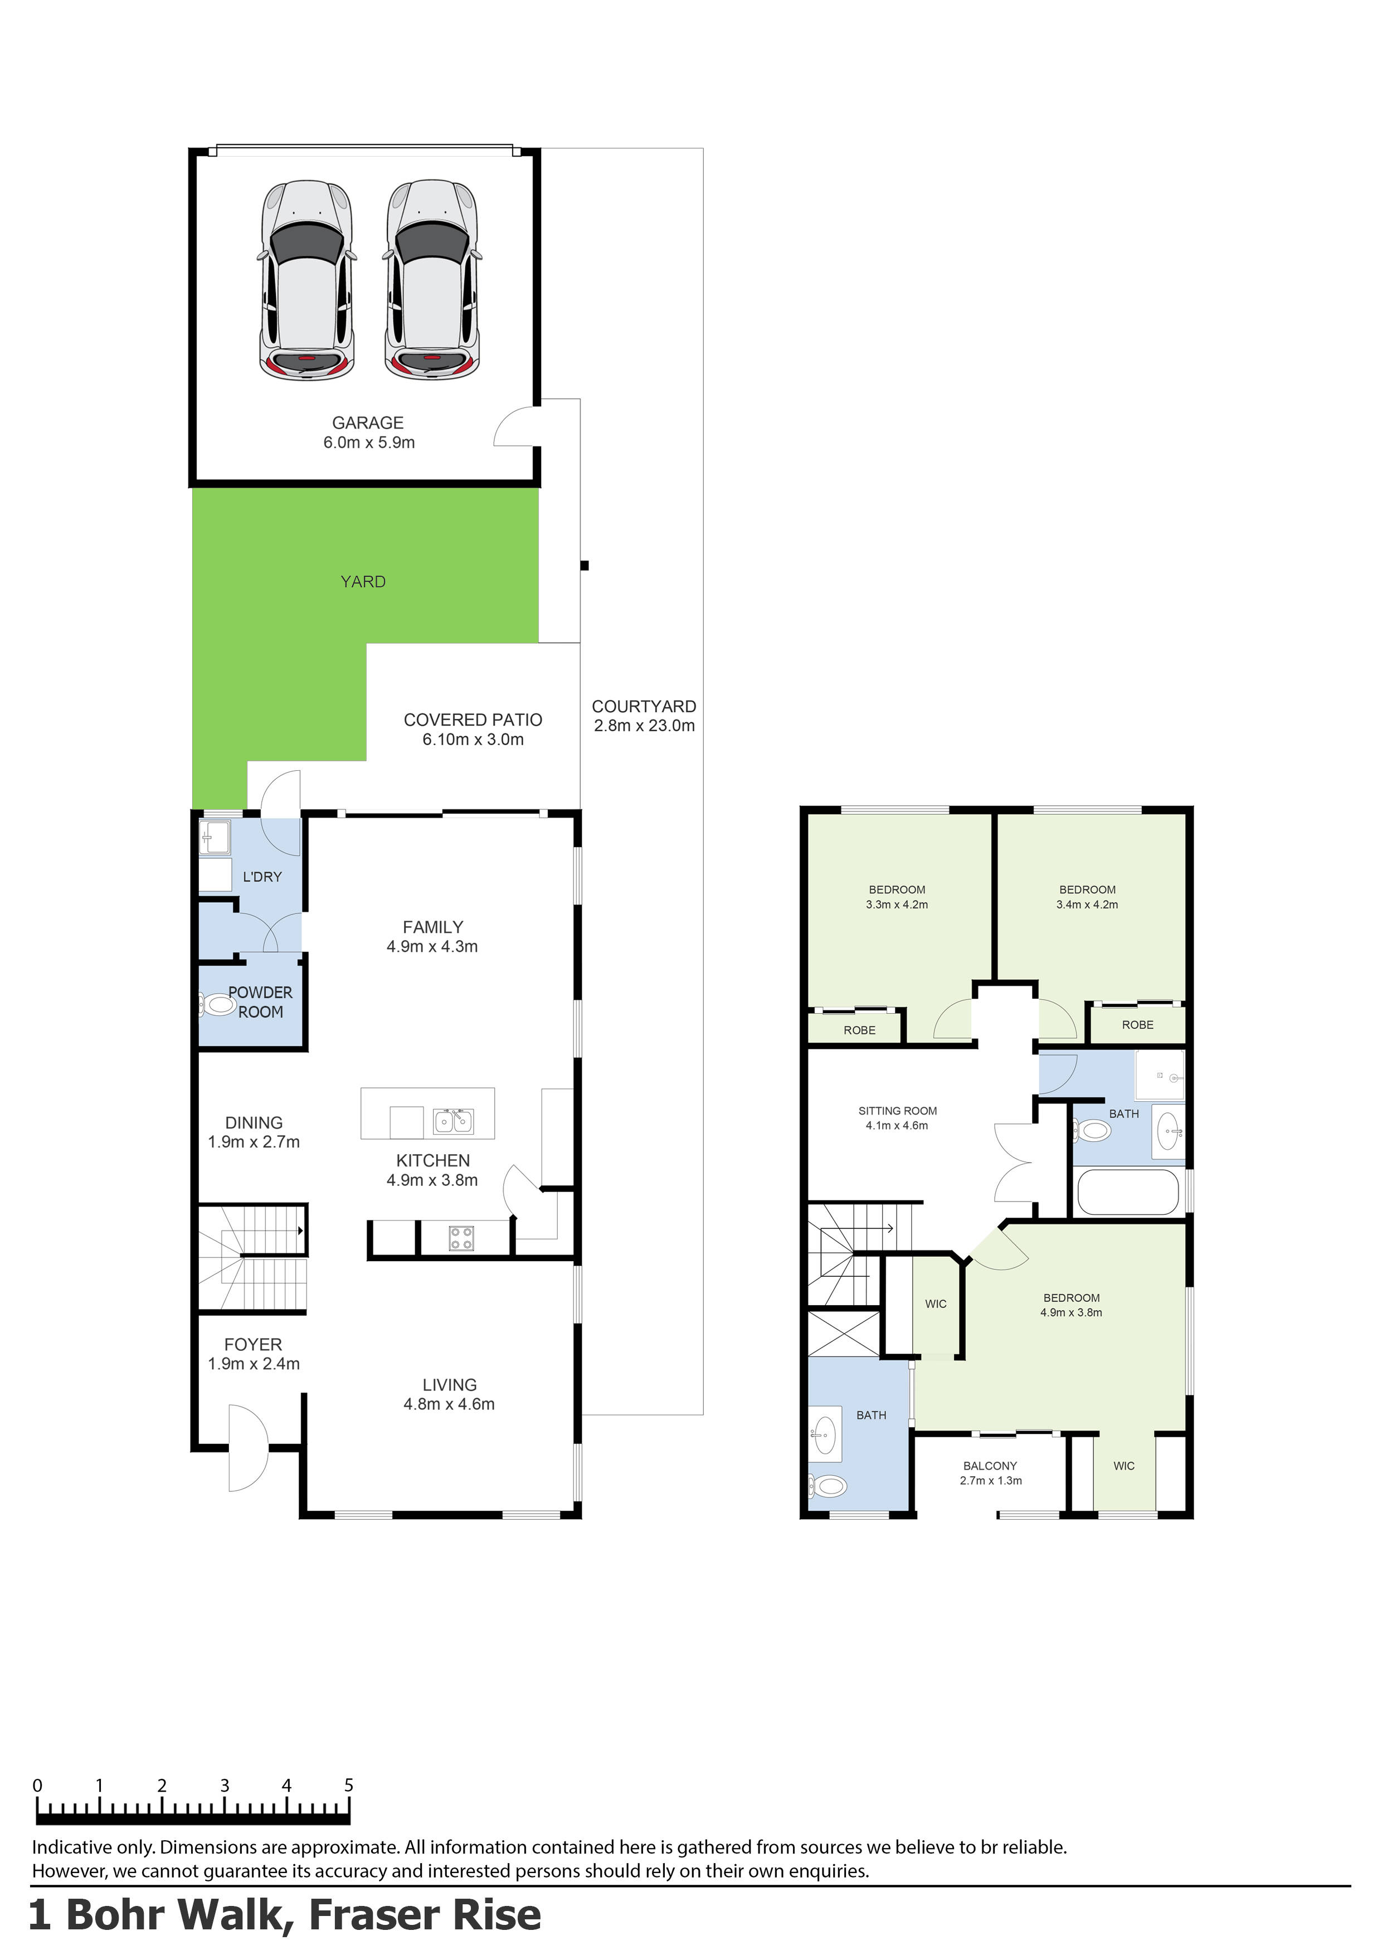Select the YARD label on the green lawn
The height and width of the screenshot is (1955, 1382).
click(363, 582)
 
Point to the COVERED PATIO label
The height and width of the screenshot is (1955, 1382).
click(473, 730)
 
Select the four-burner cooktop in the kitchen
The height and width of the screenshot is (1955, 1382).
click(461, 1238)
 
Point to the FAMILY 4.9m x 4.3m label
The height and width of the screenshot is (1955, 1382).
click(432, 937)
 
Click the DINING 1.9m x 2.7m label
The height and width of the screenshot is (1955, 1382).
click(254, 1132)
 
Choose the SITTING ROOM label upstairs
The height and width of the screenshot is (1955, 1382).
click(898, 1118)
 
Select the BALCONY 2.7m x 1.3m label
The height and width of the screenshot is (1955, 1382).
click(990, 1473)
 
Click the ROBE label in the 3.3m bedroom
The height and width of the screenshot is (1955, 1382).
click(859, 1030)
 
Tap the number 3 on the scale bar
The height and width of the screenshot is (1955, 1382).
click(224, 1786)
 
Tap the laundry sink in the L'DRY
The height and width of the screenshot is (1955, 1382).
click(215, 837)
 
